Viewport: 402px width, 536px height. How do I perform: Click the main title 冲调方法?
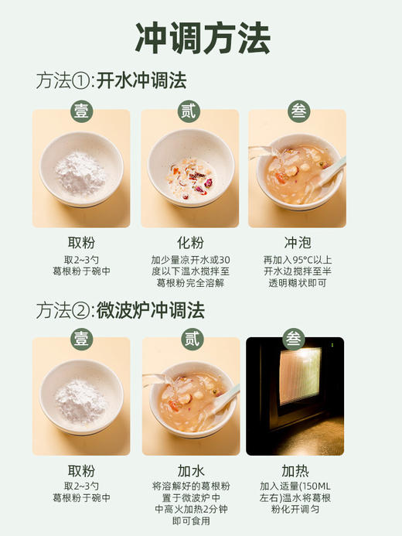[x=202, y=37]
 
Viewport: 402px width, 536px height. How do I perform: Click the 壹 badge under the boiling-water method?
[x=81, y=111]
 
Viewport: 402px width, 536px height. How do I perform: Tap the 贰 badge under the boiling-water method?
[x=189, y=111]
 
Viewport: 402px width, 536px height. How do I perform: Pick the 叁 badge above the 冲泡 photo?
[x=298, y=111]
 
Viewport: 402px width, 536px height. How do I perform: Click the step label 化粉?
[x=189, y=242]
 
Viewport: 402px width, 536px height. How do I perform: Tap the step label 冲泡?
[x=298, y=242]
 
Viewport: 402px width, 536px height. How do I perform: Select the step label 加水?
[x=189, y=470]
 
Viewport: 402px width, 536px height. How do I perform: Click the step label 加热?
[x=298, y=470]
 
